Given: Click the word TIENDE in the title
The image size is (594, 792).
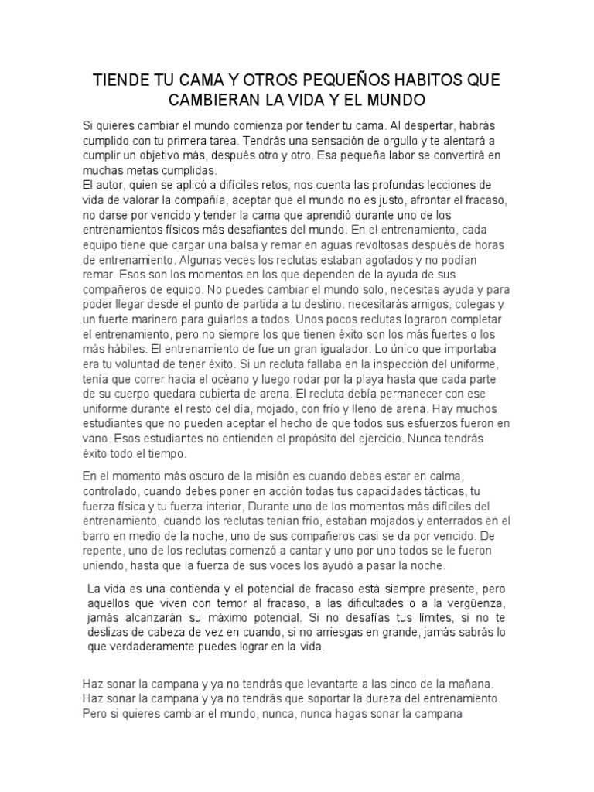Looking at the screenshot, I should (x=121, y=81).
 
